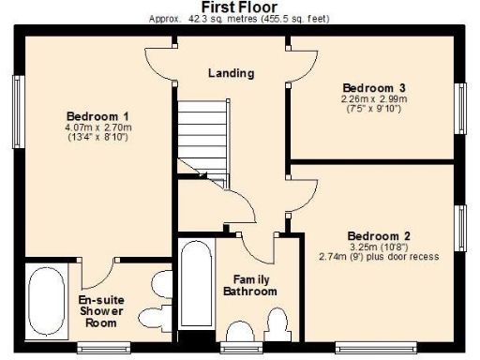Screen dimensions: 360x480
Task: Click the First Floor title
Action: (x=239, y=7)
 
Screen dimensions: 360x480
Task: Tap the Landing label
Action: (x=232, y=72)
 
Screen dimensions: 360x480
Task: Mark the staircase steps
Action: (x=200, y=132)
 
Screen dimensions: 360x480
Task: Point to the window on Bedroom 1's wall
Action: (x=18, y=104)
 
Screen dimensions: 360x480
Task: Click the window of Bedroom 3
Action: (x=461, y=109)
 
